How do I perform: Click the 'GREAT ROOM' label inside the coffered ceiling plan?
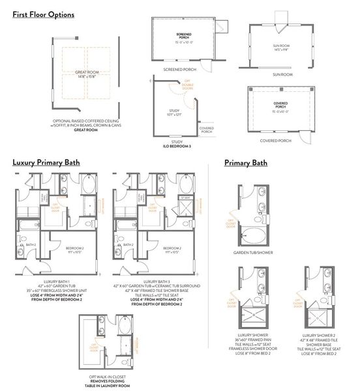click(x=86, y=74)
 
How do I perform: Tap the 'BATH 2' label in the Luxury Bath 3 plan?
click(x=128, y=244)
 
